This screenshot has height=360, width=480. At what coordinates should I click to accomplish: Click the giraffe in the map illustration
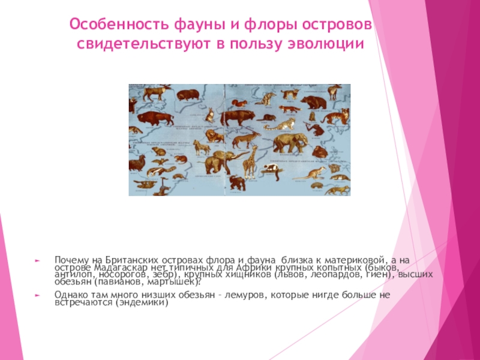[x=251, y=160]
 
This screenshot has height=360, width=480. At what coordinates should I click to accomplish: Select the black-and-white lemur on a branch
[x=275, y=172]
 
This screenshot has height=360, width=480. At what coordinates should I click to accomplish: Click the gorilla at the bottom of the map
[x=239, y=184]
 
